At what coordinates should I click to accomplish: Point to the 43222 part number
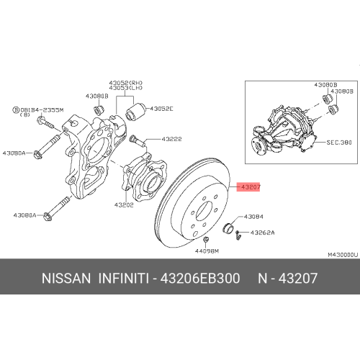[171, 139]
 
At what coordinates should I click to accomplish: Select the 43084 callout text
[254, 216]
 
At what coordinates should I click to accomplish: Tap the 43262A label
[262, 233]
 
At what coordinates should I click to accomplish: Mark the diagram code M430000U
[343, 254]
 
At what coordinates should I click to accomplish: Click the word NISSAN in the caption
[66, 277]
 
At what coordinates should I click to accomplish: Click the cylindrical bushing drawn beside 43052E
[134, 112]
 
